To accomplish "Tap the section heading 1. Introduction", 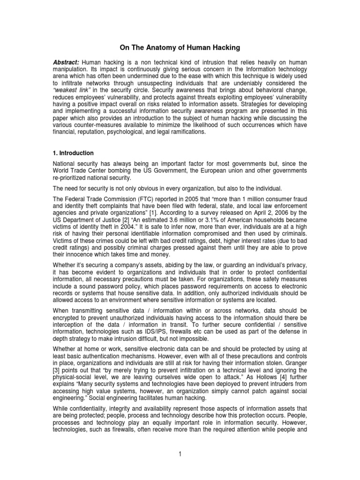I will [74, 153].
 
